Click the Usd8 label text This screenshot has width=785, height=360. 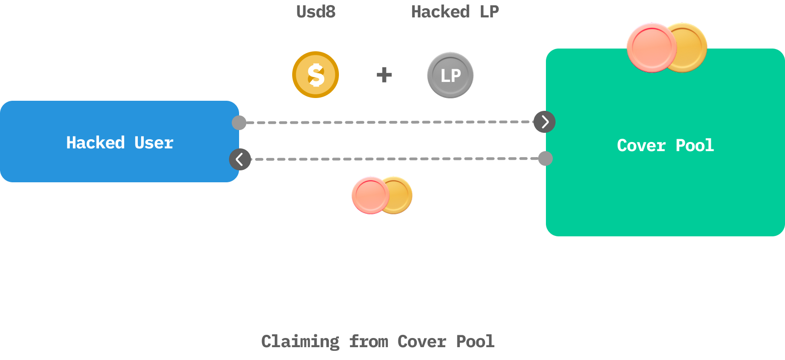(x=316, y=11)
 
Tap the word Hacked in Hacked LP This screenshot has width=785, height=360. (x=440, y=11)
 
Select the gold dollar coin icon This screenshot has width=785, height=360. (x=316, y=75)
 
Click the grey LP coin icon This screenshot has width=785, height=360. (x=450, y=75)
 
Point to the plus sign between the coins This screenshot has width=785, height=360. (x=384, y=75)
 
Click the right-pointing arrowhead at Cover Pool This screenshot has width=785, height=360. (x=545, y=122)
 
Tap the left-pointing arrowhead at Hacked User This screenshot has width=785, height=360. (x=240, y=159)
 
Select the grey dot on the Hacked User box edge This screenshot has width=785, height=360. (x=239, y=122)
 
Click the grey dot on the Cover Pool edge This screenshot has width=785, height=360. (x=545, y=158)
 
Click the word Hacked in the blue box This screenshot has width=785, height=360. (x=95, y=143)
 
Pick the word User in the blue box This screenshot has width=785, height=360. (x=154, y=143)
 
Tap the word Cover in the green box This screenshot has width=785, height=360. (x=641, y=146)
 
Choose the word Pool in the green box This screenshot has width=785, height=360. (x=694, y=146)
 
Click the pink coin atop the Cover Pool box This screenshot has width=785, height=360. (x=650, y=47)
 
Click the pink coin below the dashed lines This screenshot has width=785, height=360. (x=369, y=195)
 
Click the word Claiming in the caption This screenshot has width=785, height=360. (x=300, y=342)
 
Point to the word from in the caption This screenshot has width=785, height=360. (x=368, y=342)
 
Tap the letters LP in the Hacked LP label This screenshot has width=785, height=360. (x=489, y=11)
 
